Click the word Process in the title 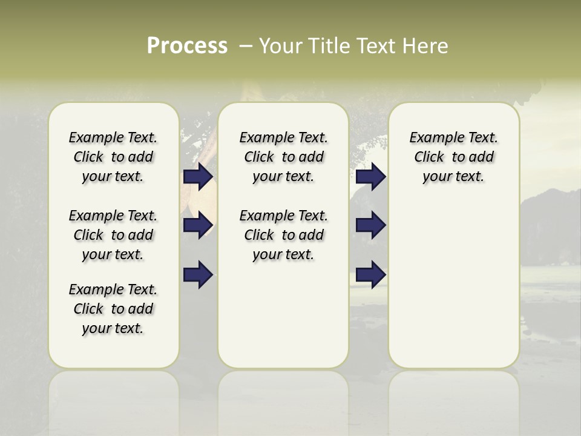[x=187, y=46]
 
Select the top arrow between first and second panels [x=198, y=176]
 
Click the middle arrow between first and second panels [x=198, y=225]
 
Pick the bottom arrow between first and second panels [x=198, y=275]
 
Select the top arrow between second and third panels [x=370, y=176]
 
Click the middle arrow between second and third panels [x=370, y=225]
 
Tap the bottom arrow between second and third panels [x=370, y=275]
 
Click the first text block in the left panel [x=113, y=157]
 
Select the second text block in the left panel [x=113, y=235]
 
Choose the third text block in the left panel [x=113, y=309]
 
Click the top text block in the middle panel [x=283, y=157]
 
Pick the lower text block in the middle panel [x=283, y=235]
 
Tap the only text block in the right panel [x=453, y=157]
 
